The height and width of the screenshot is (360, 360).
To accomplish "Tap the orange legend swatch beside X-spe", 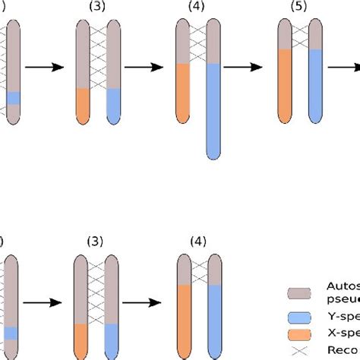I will tap(299, 333).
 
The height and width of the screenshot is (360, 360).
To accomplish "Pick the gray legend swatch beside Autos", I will tap(299, 294).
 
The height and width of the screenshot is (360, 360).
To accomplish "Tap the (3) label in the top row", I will tap(98, 7).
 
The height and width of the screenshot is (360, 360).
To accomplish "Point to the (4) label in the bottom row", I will tap(198, 242).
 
